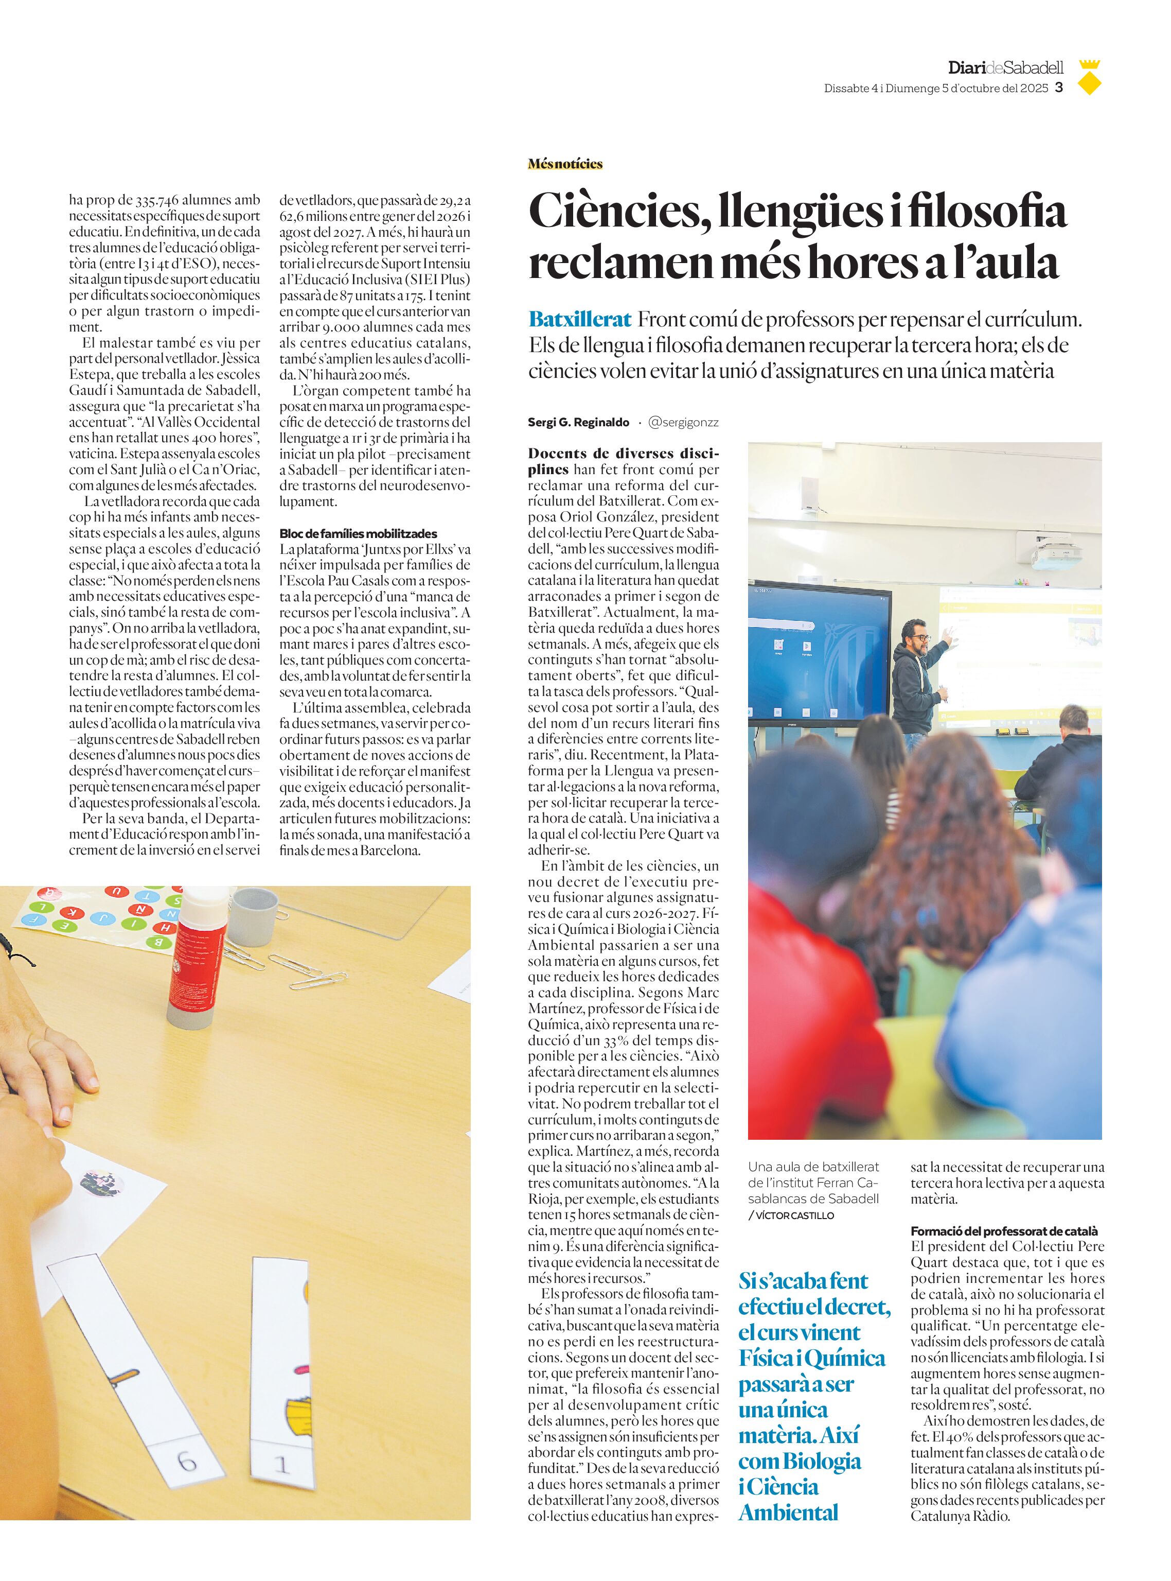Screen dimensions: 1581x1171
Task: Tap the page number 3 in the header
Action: point(1059,88)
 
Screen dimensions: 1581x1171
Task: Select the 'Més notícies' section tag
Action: point(565,164)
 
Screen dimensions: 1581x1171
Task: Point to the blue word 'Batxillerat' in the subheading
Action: point(580,320)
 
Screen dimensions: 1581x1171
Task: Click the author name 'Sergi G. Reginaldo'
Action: point(578,422)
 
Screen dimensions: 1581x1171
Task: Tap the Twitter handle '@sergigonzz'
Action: point(683,422)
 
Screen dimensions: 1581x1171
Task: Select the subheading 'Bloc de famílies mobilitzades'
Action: point(358,533)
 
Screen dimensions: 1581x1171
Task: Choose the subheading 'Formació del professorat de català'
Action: point(1004,1231)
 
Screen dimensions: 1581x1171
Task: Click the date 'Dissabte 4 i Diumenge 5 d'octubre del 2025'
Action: point(936,89)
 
